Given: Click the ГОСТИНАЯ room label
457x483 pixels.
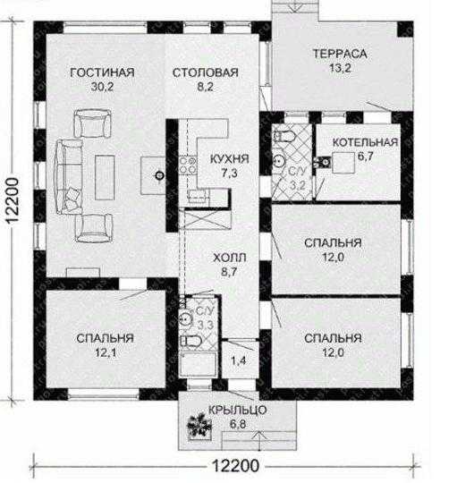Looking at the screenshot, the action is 102,72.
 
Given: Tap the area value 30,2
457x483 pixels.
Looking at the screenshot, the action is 102,87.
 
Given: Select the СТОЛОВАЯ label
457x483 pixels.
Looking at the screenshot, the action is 206,72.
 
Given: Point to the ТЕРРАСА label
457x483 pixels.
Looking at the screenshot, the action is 340,54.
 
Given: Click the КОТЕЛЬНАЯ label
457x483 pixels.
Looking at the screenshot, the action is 365,142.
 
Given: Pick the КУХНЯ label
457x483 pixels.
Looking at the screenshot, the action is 230,159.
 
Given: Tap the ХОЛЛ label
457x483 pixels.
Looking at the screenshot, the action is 230,258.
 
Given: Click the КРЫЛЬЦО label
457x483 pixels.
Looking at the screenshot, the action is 237,411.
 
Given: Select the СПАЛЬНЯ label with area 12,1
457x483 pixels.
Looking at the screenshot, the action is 106,338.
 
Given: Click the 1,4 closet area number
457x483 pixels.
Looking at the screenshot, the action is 239,360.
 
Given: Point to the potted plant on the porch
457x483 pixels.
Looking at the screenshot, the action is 199,427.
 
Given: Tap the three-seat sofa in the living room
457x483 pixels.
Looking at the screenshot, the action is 69,176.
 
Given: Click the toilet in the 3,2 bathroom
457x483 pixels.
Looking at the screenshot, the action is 284,137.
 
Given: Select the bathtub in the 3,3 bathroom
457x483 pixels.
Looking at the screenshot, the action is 198,364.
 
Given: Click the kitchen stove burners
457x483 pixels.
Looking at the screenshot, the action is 188,165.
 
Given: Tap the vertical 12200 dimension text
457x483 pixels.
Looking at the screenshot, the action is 13,200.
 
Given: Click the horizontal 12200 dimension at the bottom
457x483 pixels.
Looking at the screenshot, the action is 236,465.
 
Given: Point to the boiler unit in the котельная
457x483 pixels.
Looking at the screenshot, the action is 343,163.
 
